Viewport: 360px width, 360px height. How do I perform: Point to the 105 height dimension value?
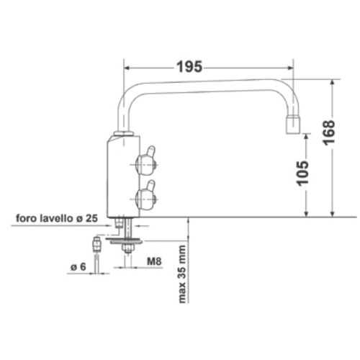click(x=304, y=174)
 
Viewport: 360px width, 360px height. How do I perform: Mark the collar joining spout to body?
click(x=125, y=134)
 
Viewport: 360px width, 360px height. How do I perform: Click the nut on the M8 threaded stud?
click(x=126, y=249)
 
